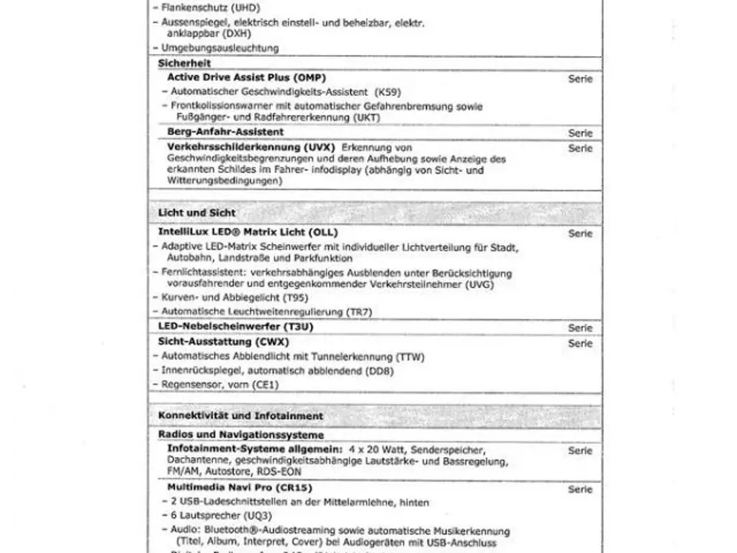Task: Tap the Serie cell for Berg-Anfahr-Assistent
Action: (580, 133)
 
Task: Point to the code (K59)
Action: (387, 92)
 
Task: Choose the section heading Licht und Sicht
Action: (196, 213)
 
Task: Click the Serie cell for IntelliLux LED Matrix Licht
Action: (580, 233)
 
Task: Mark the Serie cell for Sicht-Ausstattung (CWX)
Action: (580, 343)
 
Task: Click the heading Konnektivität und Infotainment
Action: (240, 416)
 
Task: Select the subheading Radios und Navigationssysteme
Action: (240, 435)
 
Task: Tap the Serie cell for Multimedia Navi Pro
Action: (580, 489)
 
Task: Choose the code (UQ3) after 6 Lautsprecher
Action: (256, 516)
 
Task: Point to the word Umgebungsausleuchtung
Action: (220, 48)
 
